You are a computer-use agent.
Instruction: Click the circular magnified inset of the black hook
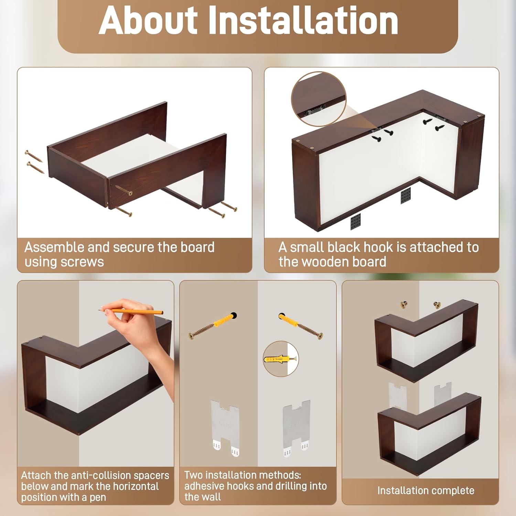pos(319,99)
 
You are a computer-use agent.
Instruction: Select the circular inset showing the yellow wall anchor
pos(281,359)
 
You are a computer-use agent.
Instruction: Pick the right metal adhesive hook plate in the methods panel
pos(296,427)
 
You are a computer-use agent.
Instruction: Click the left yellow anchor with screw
pos(213,325)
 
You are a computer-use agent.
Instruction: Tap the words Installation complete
pos(426,491)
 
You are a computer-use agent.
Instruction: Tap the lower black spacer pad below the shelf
pos(356,222)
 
